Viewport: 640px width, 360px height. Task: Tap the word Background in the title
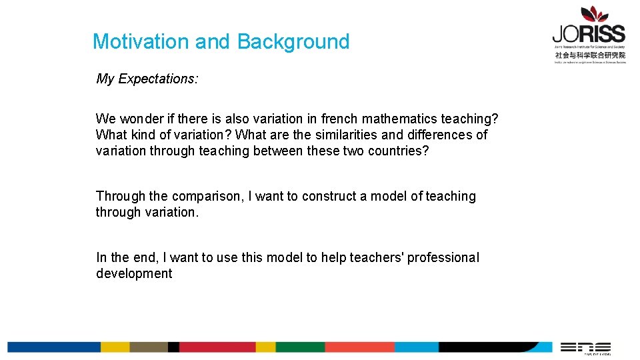(x=293, y=41)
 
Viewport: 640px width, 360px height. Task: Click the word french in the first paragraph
(x=339, y=119)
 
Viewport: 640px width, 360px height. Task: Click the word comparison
(x=209, y=196)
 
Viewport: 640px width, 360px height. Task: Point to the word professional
(x=443, y=257)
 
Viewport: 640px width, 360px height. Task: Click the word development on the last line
(x=134, y=273)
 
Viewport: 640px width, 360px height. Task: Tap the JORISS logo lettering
(x=589, y=34)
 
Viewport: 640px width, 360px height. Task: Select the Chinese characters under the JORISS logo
(x=590, y=55)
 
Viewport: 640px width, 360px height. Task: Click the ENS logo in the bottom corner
(x=585, y=347)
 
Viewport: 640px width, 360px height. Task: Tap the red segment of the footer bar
(x=217, y=347)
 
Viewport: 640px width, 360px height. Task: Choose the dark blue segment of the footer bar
(x=53, y=347)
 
